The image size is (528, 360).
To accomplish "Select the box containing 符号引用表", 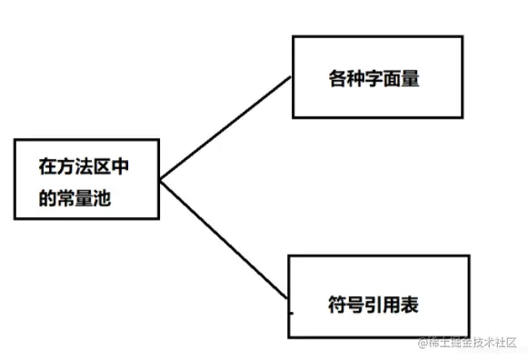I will coord(379,296).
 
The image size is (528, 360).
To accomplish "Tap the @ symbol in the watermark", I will coord(422,343).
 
